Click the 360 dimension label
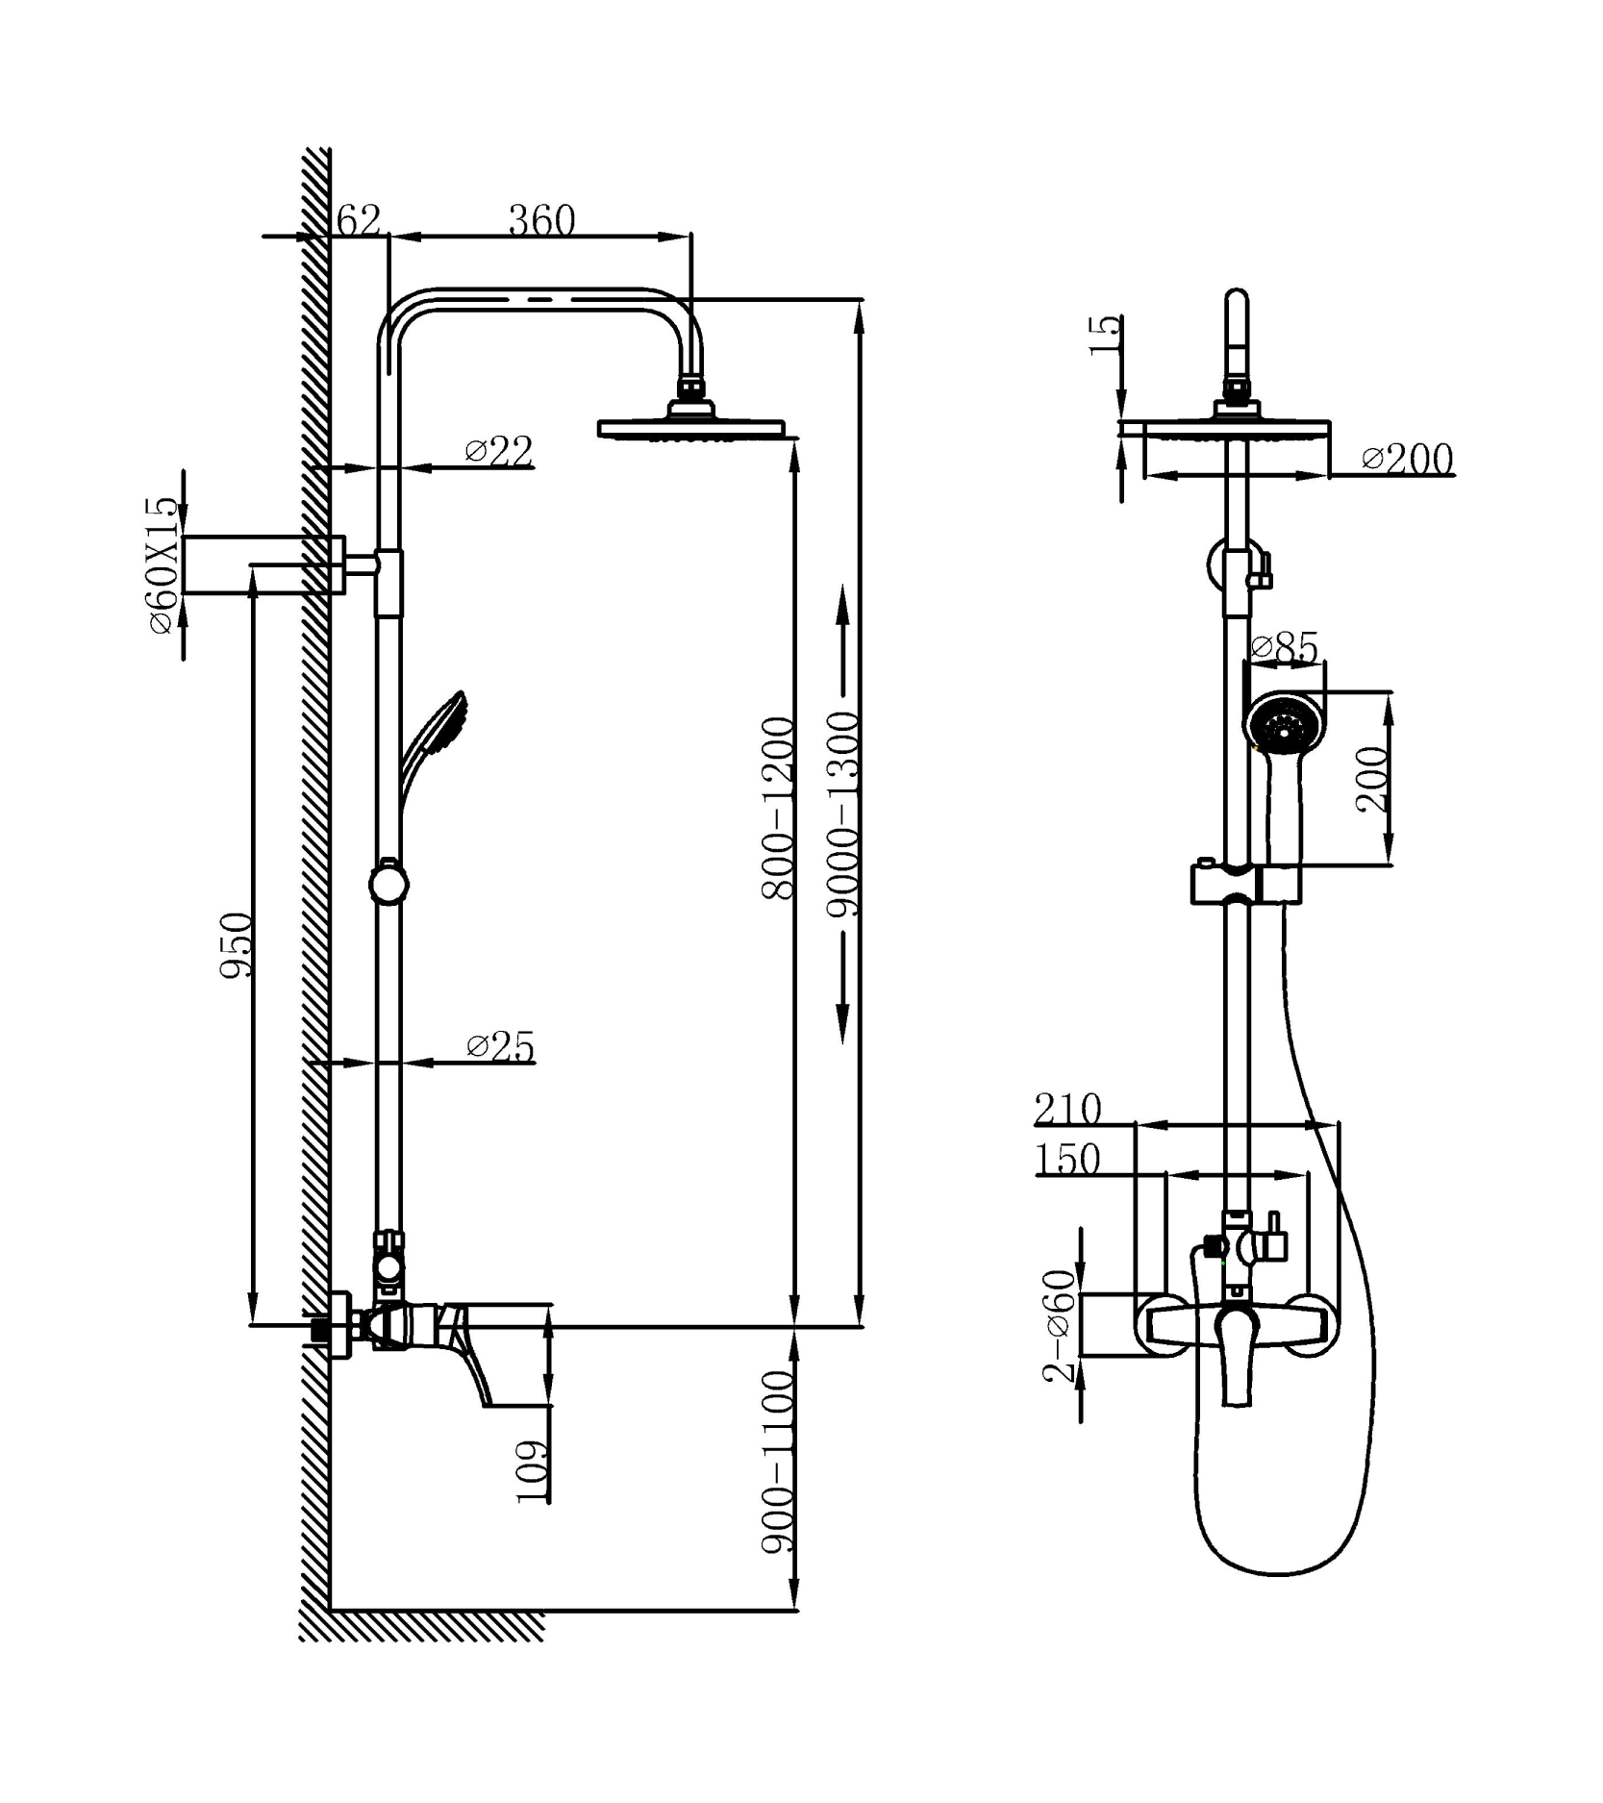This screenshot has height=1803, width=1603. click(x=541, y=220)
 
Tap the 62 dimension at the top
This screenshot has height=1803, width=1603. click(x=359, y=220)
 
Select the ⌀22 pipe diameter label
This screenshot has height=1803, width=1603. click(x=498, y=450)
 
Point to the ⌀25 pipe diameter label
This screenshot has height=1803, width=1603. click(x=500, y=1045)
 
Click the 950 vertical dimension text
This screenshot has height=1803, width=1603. click(x=237, y=946)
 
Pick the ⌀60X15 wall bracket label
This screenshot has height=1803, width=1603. click(x=163, y=565)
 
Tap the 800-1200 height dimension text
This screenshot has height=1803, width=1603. click(x=778, y=808)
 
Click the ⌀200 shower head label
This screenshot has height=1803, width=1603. click(x=1408, y=459)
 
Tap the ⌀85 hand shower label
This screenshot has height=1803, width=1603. click(x=1285, y=647)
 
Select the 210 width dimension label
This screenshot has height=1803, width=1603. click(x=1067, y=1109)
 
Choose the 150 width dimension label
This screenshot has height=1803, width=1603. click(x=1067, y=1159)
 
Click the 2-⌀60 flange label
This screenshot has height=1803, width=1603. click(x=1060, y=1325)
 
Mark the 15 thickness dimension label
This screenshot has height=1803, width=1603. click(x=1106, y=336)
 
